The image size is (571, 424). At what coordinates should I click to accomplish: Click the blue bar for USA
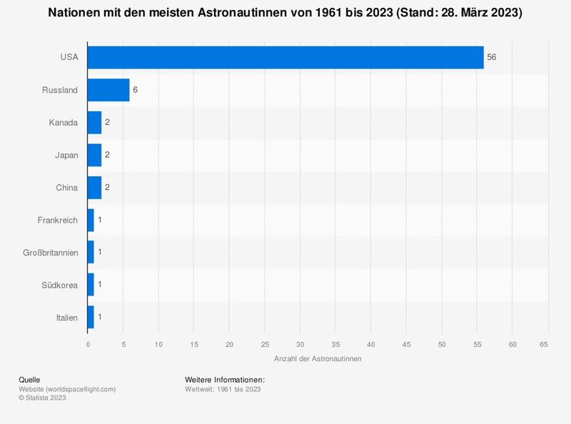coord(285,58)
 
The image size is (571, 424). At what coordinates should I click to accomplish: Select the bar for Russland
coord(108,90)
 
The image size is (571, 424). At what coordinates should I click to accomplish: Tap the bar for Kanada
coord(94,123)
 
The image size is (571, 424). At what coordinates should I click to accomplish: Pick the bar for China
coord(94,187)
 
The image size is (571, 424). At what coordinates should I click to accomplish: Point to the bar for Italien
coord(91,317)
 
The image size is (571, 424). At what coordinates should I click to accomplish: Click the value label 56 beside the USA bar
coord(491,58)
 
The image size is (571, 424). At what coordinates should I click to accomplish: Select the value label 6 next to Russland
coord(135,90)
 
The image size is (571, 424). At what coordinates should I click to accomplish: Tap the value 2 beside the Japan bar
coord(107,155)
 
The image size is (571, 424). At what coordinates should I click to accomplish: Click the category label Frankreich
coord(58,220)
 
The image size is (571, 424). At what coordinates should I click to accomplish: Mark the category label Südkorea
coord(61,285)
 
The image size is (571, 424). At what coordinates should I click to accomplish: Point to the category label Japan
coord(66,155)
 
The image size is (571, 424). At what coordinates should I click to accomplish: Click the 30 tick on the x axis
coord(300,345)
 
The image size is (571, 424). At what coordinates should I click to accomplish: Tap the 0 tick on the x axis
coord(88,345)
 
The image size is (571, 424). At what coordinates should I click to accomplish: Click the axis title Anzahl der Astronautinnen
coord(318,358)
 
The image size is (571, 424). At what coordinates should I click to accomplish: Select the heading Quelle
coord(29,379)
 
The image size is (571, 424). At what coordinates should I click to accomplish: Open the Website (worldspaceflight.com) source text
coord(67,389)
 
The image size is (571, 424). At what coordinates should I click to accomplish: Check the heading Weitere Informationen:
coord(225,379)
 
